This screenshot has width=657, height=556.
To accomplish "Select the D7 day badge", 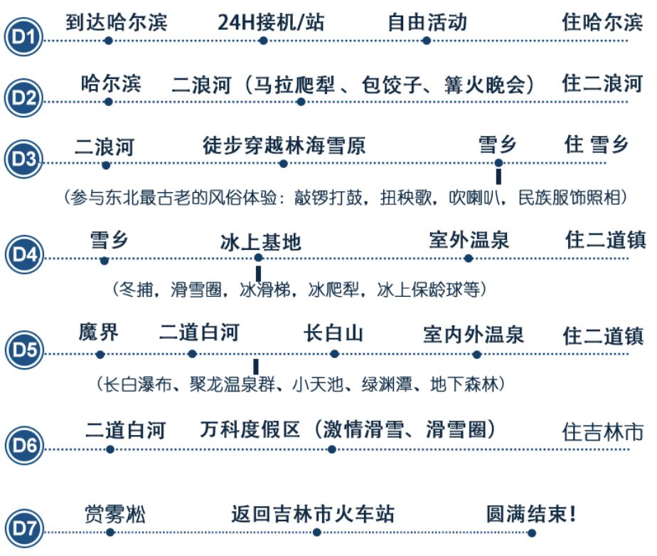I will [x=23, y=530].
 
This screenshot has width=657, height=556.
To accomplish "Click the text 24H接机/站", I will [x=271, y=21].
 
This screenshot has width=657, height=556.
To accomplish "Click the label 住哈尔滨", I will [x=602, y=23].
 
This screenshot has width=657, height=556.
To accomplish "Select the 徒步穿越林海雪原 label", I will [x=284, y=147].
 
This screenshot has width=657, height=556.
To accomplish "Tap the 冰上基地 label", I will [x=261, y=242].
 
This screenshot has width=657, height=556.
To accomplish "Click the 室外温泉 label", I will [x=469, y=239].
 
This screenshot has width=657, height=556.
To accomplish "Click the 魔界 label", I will [x=99, y=332].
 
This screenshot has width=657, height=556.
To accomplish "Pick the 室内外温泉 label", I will [x=473, y=334].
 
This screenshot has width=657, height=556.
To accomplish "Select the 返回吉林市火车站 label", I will [x=313, y=513].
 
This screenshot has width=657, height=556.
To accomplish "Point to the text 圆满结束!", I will [x=530, y=513].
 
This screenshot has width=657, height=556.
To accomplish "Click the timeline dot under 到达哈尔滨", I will [x=108, y=41].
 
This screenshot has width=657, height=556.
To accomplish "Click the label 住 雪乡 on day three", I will [x=597, y=145].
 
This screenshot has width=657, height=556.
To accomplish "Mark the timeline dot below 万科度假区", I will [x=332, y=449].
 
